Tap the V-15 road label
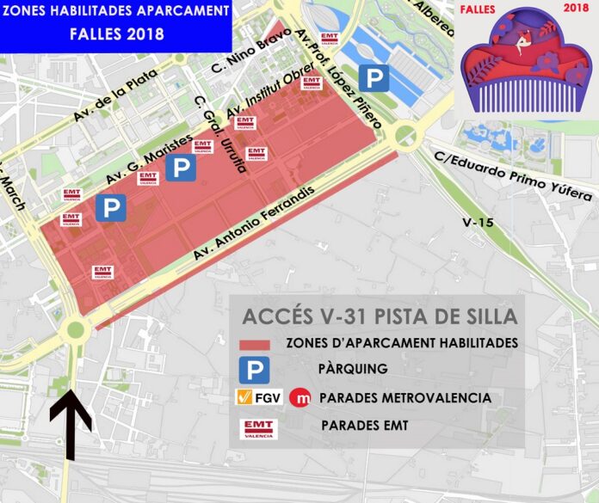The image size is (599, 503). tap(478, 223)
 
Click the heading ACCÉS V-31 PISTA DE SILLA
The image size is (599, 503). tap(380, 316)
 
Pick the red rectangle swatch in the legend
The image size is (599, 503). tap(254, 345)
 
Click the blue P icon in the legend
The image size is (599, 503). tap(254, 370)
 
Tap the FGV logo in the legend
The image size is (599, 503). tap(257, 398)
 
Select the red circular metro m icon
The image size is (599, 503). tap(300, 398)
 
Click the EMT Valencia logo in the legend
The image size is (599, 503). tap(257, 428)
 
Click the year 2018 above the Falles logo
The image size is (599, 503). tap(576, 8)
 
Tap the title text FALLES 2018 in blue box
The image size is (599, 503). tap(117, 36)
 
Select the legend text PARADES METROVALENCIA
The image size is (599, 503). tap(405, 398)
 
